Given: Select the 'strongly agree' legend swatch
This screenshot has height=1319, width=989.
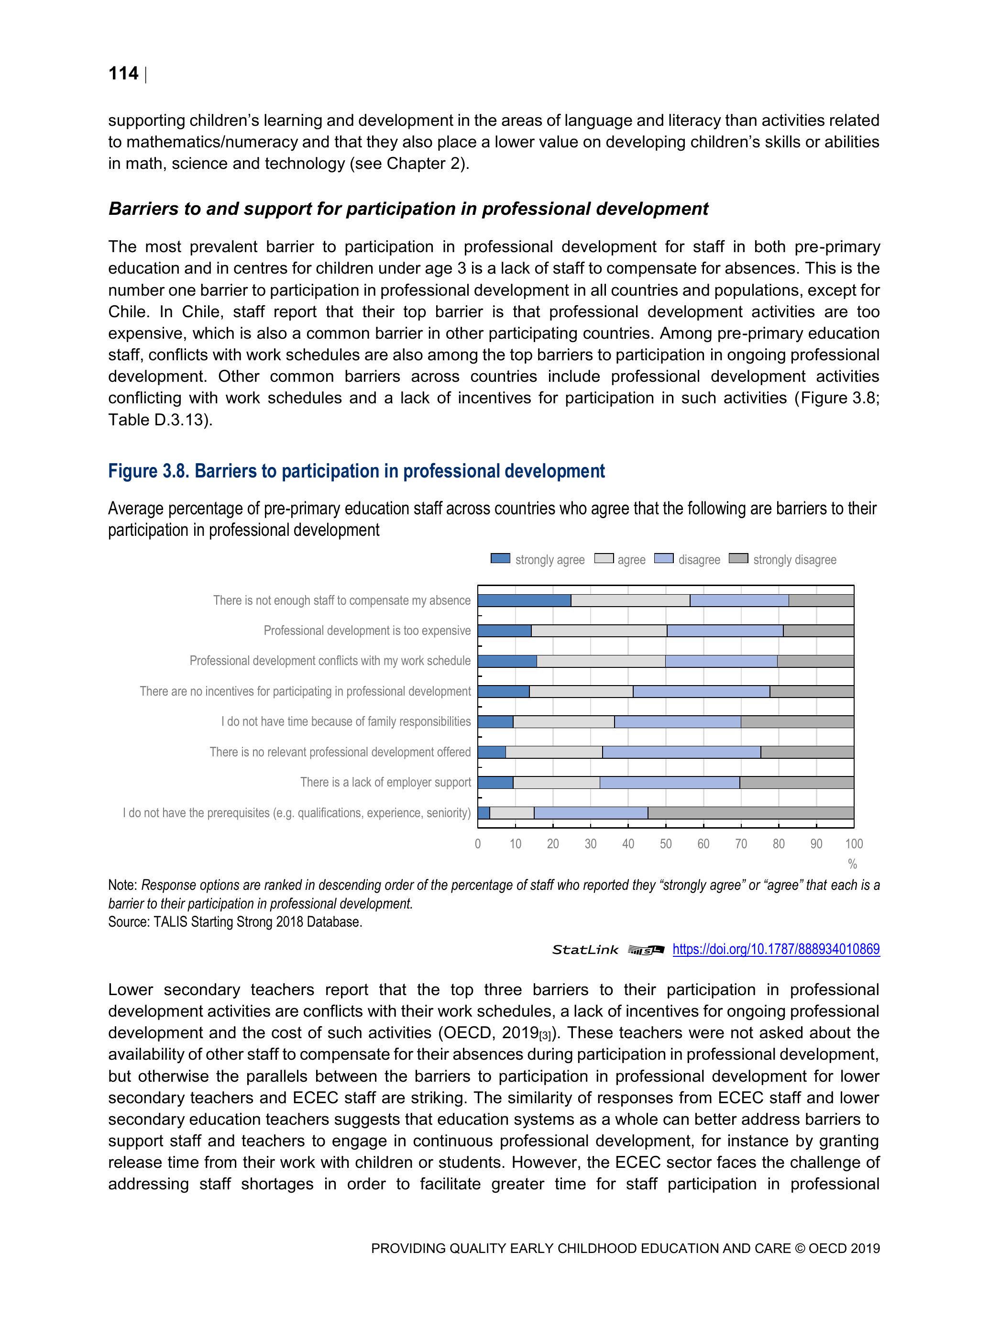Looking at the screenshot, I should tap(500, 558).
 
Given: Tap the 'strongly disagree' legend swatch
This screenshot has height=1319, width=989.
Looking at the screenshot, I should tap(738, 558).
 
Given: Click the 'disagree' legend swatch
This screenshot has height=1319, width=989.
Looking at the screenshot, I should tap(663, 558).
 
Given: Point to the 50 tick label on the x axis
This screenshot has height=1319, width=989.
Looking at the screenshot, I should tap(665, 844).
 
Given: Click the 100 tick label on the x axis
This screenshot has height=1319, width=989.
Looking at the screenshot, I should tap(854, 844).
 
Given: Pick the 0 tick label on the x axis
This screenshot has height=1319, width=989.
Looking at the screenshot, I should tap(477, 844).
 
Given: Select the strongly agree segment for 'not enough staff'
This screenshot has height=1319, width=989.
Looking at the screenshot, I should tap(524, 600).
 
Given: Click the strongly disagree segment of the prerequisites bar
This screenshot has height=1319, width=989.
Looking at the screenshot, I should tap(750, 813).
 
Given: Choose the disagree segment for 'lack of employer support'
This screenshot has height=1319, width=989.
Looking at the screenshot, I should tap(670, 782).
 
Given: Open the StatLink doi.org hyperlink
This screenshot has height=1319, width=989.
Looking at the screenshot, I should tap(776, 949).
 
